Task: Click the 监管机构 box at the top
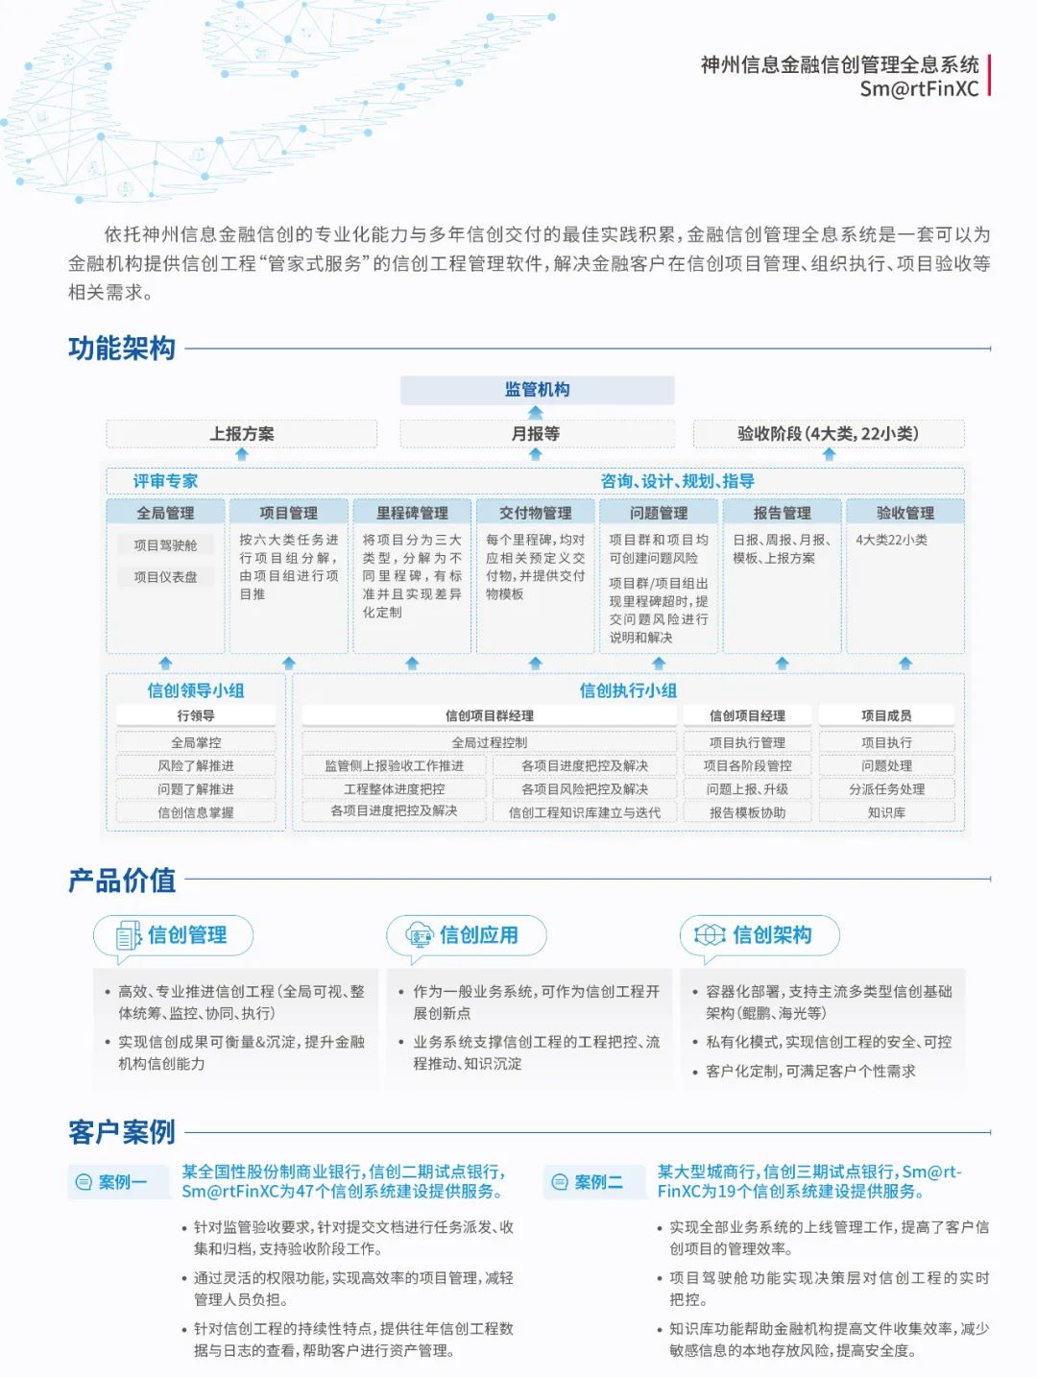point(537,390)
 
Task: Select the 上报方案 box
point(242,434)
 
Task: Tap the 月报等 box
point(536,434)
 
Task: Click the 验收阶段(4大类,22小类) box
point(828,434)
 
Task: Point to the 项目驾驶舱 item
point(165,545)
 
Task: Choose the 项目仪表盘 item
point(165,577)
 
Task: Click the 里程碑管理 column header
point(412,513)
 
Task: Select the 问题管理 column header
point(659,513)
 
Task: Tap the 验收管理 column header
point(904,513)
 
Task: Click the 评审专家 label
point(165,481)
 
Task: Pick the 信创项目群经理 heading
point(490,715)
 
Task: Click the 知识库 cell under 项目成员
point(886,812)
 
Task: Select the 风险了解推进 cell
point(196,766)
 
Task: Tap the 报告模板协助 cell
point(747,812)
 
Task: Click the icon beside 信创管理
point(128,935)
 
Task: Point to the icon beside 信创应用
point(421,935)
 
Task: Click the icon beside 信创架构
point(710,935)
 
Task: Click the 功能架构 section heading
point(122,348)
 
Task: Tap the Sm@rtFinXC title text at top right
point(919,89)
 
